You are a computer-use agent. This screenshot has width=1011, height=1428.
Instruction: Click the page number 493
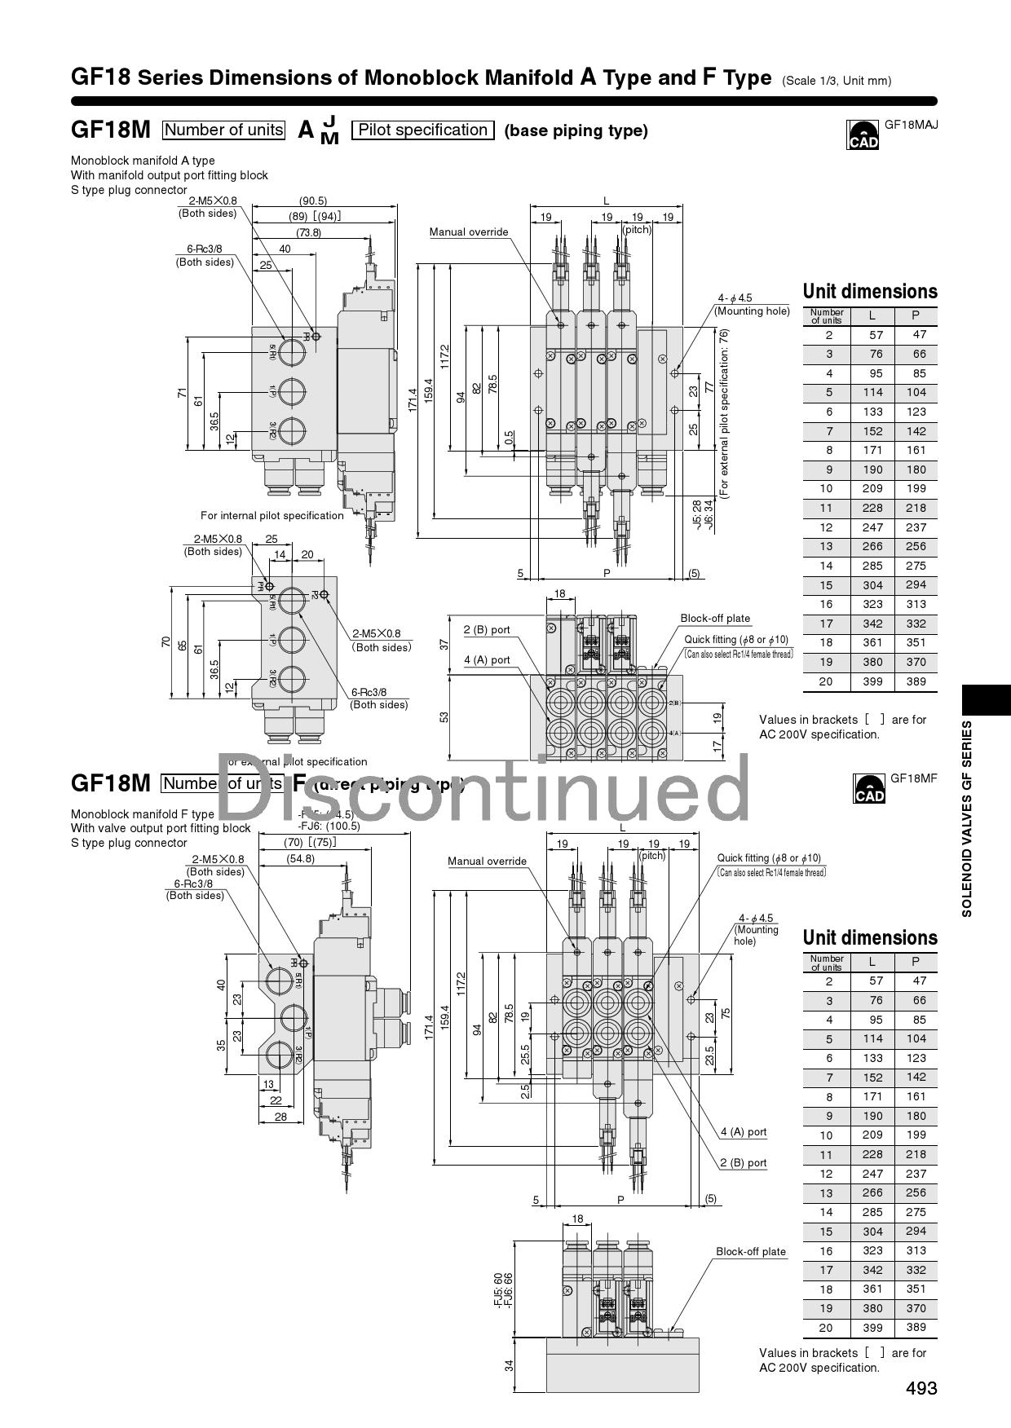point(921,1388)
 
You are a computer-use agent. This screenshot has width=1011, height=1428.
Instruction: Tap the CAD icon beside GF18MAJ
point(863,136)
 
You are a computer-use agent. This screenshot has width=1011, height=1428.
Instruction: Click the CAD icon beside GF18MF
point(868,789)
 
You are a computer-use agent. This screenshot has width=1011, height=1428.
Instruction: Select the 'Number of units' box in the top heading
point(223,130)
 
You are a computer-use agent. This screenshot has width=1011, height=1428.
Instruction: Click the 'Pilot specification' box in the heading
point(422,130)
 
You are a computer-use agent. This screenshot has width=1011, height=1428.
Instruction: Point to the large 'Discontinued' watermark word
point(481,787)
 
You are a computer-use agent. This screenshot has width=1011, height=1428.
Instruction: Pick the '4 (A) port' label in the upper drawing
point(487,660)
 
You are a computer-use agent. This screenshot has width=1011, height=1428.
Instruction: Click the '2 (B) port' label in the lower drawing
point(743,1163)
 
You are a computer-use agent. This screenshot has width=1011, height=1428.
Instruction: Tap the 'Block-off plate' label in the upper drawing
point(715,619)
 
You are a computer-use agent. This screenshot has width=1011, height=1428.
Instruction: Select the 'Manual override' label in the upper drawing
point(469,232)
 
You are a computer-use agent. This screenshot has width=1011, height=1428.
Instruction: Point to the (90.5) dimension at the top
point(312,201)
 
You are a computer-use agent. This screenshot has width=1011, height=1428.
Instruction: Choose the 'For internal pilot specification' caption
point(272,515)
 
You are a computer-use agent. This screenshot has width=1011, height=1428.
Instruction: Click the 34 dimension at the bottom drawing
point(510,1365)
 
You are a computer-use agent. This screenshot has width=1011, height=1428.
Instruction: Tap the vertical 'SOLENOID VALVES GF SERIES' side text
point(967,818)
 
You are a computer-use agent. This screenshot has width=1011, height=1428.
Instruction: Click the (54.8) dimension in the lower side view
point(300,858)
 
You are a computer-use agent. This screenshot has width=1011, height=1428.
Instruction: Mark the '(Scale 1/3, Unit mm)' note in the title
point(836,81)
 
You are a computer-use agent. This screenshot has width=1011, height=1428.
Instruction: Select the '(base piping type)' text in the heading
point(576,130)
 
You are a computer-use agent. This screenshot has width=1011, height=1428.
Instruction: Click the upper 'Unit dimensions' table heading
point(870,292)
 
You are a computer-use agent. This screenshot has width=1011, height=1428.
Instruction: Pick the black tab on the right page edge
point(987,700)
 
